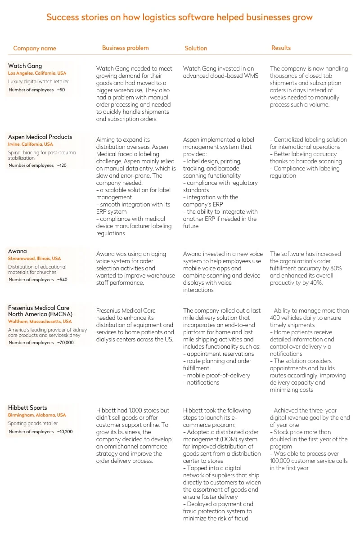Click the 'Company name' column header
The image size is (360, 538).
click(35, 48)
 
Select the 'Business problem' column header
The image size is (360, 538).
click(125, 48)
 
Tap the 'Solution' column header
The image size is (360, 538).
click(196, 48)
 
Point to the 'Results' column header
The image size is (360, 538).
click(281, 48)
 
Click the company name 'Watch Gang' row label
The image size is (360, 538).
click(25, 66)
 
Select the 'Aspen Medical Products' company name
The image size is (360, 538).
click(40, 137)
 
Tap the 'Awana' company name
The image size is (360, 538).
click(18, 251)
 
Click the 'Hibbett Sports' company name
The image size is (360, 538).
click(27, 408)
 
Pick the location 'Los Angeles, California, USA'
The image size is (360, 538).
click(37, 73)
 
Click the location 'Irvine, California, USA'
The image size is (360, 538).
click(30, 144)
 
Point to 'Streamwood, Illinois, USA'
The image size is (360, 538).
click(34, 259)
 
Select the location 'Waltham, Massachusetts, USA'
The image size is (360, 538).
click(40, 322)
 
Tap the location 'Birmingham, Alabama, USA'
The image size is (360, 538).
click(37, 415)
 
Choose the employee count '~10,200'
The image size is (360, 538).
click(65, 432)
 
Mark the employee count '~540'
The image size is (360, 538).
click(62, 280)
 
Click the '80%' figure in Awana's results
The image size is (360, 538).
click(336, 268)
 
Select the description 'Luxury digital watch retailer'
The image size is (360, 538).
click(39, 82)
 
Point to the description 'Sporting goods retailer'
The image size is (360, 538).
click(33, 423)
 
